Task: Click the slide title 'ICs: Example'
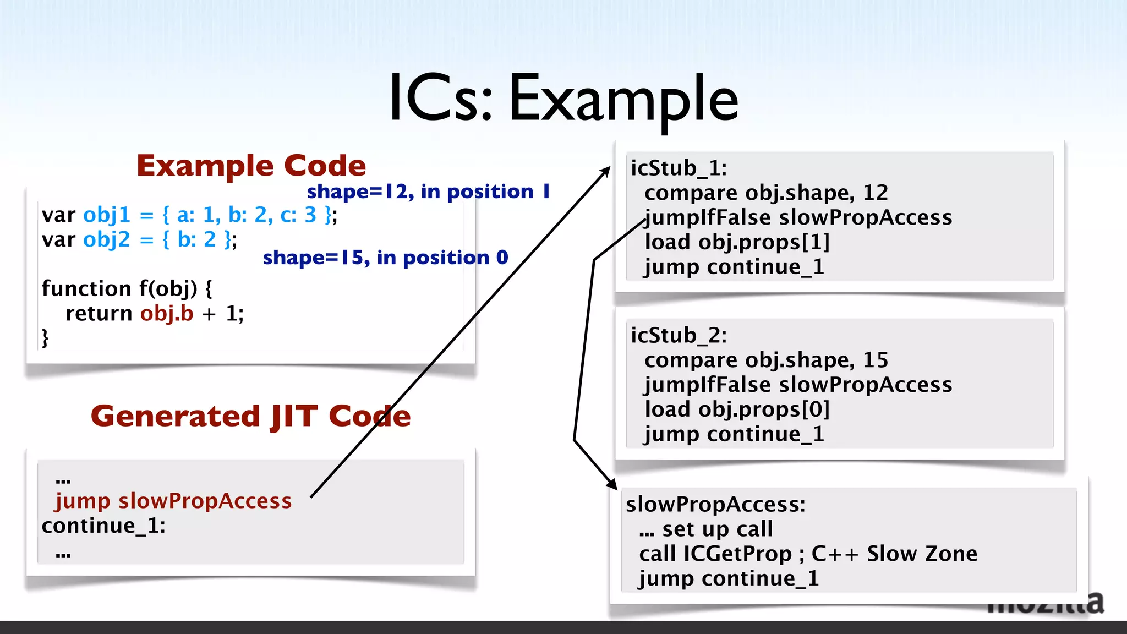click(x=563, y=99)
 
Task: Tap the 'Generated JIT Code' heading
click(x=250, y=416)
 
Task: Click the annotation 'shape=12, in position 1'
click(x=428, y=192)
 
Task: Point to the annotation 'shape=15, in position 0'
click(x=385, y=258)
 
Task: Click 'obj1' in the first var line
click(x=106, y=215)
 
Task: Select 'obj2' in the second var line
click(x=106, y=239)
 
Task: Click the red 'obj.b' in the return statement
click(x=167, y=313)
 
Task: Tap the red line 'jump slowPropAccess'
click(x=173, y=501)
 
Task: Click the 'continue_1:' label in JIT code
click(x=103, y=526)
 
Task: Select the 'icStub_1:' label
click(x=679, y=168)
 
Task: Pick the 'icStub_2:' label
click(x=679, y=335)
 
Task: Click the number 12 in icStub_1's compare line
click(x=875, y=193)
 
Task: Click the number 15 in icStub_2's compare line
click(x=875, y=360)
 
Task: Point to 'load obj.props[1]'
click(x=737, y=242)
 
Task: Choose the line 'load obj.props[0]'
click(x=737, y=409)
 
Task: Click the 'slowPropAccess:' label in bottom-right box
click(x=715, y=504)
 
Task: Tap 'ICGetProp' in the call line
click(x=737, y=554)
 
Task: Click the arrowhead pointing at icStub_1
click(x=606, y=171)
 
